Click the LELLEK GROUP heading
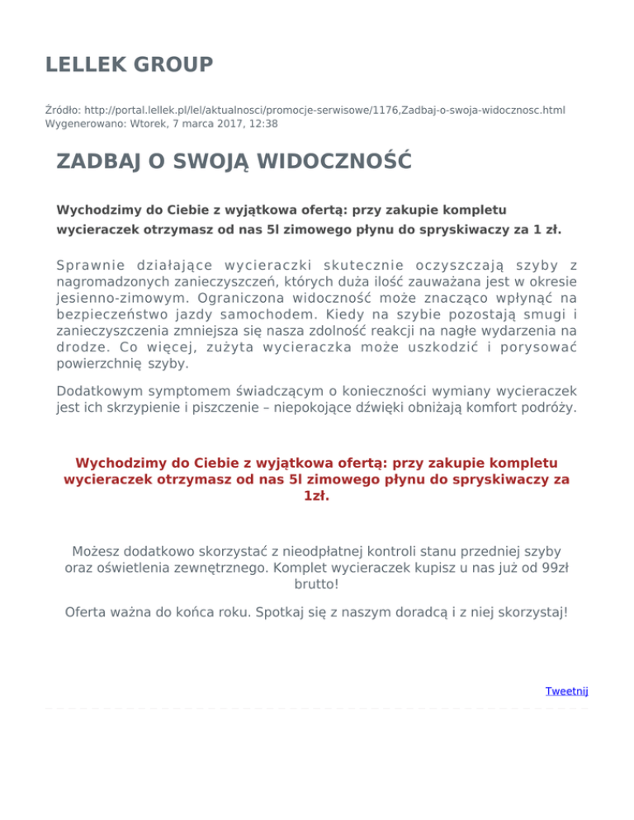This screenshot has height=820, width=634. (130, 64)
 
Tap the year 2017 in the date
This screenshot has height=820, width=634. (220, 124)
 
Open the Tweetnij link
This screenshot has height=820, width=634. (566, 690)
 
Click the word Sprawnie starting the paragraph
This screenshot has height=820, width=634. (90, 265)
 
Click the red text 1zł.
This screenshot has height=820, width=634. (317, 497)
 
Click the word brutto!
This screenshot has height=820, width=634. (316, 584)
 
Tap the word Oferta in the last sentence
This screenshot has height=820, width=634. (87, 613)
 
